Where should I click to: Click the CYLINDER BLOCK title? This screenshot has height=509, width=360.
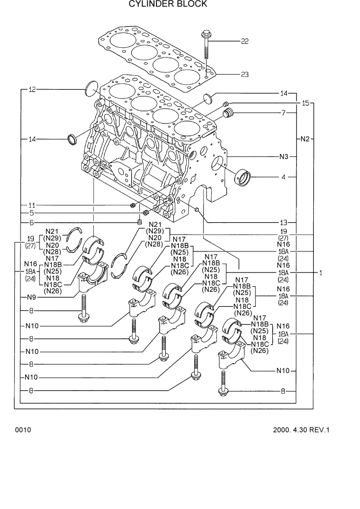tap(168, 4)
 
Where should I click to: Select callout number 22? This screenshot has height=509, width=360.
tap(245, 42)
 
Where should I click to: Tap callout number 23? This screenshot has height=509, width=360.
tap(245, 75)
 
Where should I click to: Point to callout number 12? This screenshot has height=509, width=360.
tap(32, 90)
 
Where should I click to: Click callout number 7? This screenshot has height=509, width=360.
tap(283, 112)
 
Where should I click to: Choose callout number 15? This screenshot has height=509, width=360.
tap(306, 104)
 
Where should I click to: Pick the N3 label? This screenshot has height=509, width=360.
tap(284, 156)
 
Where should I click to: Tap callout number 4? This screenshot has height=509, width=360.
tap(283, 178)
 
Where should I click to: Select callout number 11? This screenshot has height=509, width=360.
tap(32, 205)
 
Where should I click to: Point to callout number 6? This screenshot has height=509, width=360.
tap(32, 223)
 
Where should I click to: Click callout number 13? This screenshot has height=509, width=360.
tap(284, 223)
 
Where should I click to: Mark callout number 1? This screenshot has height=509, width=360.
tap(321, 273)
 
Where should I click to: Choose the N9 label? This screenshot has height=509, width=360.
tap(32, 297)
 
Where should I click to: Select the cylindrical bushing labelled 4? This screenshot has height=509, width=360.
tap(243, 177)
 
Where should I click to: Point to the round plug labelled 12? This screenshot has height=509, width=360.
tap(91, 89)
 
